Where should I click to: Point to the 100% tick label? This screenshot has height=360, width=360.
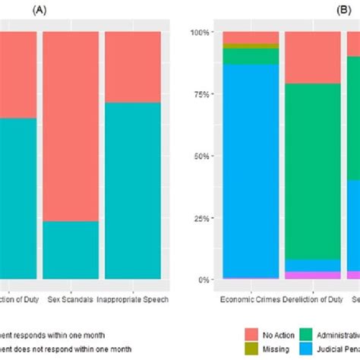click(199, 33)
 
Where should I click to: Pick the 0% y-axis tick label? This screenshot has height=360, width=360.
click(203, 279)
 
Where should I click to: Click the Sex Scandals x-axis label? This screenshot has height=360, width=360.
click(70, 298)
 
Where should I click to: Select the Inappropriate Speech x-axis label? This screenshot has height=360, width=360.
click(133, 298)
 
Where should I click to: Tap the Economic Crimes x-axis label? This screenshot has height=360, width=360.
click(251, 298)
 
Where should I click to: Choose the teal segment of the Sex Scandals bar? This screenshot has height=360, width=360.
click(70, 250)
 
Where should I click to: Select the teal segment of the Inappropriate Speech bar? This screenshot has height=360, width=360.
click(133, 191)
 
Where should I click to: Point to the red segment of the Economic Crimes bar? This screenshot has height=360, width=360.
click(251, 38)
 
